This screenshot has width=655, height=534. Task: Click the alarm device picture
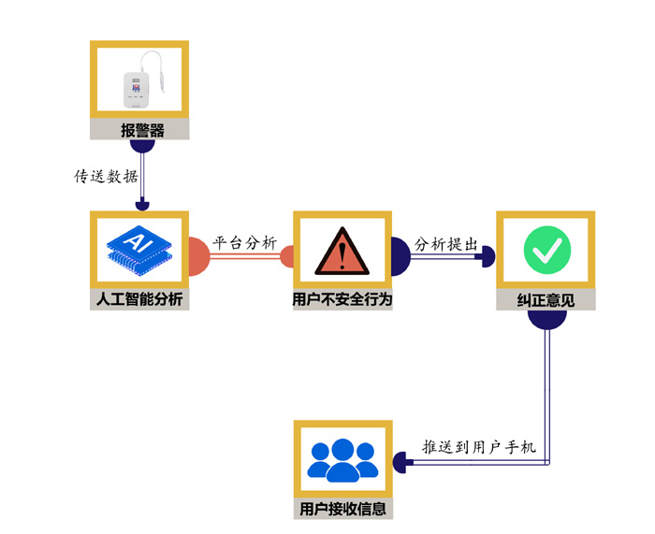click(x=140, y=83)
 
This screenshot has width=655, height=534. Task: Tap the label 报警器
click(x=140, y=131)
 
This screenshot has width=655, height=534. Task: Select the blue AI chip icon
click(x=140, y=250)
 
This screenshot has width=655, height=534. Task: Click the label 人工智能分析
click(x=140, y=300)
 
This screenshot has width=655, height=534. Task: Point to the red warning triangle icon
click(x=342, y=253)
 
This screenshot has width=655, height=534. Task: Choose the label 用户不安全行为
click(x=342, y=300)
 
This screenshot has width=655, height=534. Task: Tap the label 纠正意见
click(x=546, y=300)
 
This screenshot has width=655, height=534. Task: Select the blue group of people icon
click(x=342, y=459)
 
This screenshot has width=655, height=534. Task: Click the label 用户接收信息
click(x=342, y=510)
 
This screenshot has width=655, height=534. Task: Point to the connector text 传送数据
click(x=106, y=176)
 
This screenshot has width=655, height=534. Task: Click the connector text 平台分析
click(x=245, y=242)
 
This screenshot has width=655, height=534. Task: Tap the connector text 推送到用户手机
click(x=478, y=447)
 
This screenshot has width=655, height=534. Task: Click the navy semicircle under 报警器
click(x=141, y=145)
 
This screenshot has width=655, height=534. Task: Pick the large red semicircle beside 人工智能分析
click(x=198, y=257)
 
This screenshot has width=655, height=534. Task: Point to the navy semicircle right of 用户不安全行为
click(x=400, y=256)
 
